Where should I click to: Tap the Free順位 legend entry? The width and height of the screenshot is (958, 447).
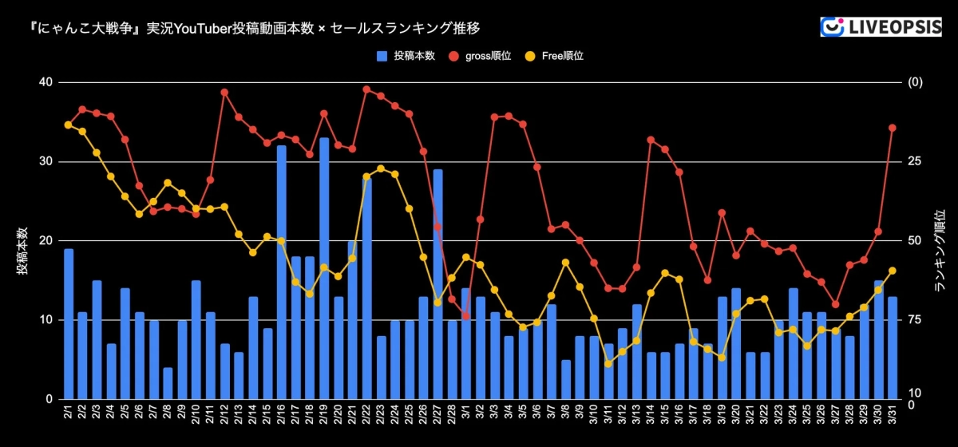click(556, 57)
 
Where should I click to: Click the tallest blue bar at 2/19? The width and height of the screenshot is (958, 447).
click(324, 268)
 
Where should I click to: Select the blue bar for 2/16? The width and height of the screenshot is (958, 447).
click(282, 271)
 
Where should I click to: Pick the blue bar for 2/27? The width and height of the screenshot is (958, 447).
click(437, 283)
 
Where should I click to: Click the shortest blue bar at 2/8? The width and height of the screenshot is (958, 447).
click(168, 383)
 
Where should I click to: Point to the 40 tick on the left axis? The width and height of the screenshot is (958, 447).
click(45, 82)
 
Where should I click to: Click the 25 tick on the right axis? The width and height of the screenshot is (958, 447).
click(914, 161)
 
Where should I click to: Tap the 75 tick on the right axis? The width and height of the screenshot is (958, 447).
click(914, 319)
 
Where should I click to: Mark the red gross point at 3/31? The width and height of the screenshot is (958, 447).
click(893, 128)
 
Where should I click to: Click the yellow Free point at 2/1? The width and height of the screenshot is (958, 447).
click(68, 125)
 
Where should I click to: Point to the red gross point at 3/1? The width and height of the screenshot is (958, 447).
click(466, 316)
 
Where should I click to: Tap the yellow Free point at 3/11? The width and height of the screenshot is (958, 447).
click(608, 364)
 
